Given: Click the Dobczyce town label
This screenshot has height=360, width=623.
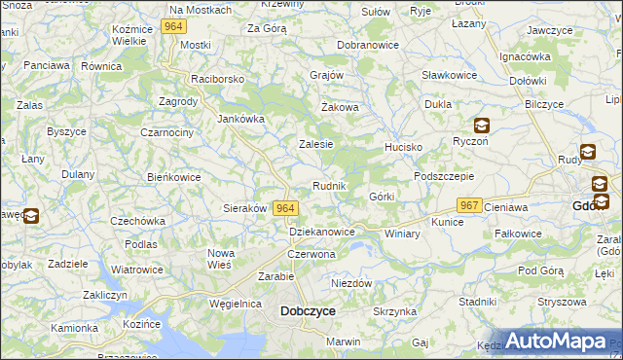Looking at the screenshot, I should [308, 311].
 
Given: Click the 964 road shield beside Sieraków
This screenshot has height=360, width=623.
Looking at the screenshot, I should [285, 208].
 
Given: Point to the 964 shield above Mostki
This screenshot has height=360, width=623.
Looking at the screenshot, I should [174, 27].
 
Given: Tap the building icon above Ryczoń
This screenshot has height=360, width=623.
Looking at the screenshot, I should [481, 125].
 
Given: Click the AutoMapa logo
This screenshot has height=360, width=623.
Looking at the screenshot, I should [556, 342].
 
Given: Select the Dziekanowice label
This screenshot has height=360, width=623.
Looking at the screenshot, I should [322, 233].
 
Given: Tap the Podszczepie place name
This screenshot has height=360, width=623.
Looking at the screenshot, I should [443, 176].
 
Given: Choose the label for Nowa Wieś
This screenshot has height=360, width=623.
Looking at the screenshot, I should [221, 259].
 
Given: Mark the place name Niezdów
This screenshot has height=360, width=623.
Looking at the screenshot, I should [351, 283].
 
